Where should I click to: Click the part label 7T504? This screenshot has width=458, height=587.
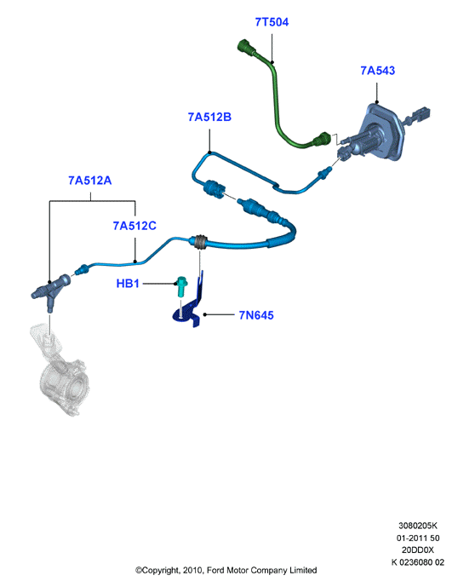272,22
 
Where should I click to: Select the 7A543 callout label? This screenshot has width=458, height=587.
377,71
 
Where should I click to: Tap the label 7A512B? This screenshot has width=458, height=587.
209,118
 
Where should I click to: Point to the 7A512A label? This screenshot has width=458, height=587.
89,181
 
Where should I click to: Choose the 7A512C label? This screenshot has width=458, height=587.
135,226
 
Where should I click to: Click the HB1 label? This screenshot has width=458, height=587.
128,284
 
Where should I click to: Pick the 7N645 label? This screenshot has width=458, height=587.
256,315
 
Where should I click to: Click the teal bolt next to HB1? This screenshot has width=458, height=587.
181,286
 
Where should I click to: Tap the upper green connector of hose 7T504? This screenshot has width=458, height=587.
245,47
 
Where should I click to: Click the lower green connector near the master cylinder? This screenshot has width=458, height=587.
322,139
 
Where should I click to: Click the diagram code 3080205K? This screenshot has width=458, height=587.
418,526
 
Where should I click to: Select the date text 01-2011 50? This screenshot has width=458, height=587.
418,538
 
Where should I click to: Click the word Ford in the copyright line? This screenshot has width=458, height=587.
216,570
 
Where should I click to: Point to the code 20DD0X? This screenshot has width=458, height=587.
418,550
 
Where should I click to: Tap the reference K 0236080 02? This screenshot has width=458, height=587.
418,562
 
